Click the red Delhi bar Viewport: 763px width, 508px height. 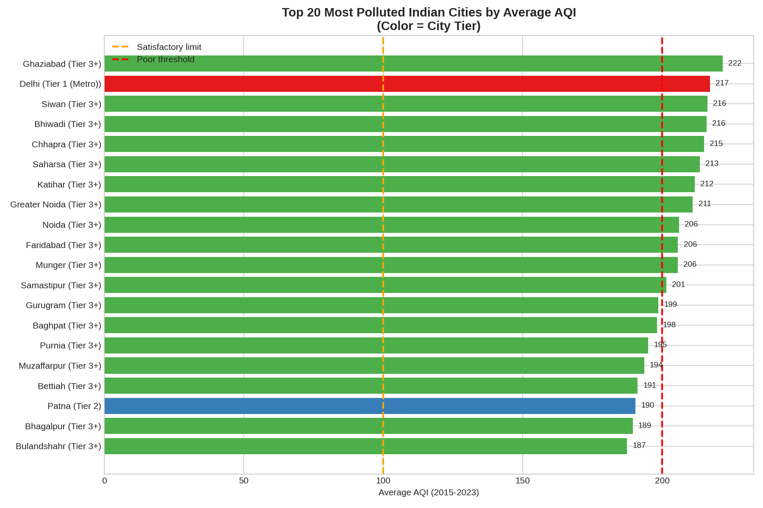pos(407,84)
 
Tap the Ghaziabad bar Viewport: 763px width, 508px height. pos(413,63)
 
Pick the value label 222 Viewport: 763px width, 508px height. pos(735,63)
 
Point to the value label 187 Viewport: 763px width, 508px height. pos(639,446)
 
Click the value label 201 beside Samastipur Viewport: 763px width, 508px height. pos(678,285)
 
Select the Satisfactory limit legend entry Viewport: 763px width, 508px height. pos(169,47)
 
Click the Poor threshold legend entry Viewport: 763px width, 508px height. pos(165,59)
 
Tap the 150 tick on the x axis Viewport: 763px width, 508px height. pos(522,481)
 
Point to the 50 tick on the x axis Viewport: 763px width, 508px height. pos(244,481)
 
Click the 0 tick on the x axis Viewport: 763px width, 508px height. pos(105,481)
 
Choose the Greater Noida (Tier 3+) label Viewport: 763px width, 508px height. pos(56,205)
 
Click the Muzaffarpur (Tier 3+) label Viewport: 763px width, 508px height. pos(60,366)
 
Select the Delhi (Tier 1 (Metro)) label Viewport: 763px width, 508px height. pos(60,84)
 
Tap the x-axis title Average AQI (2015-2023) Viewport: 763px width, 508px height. pos(429,493)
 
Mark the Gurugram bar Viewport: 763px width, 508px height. pos(381,305)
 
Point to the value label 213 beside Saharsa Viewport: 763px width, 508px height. pos(712,164)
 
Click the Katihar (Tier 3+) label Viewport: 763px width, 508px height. pos(69,185)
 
